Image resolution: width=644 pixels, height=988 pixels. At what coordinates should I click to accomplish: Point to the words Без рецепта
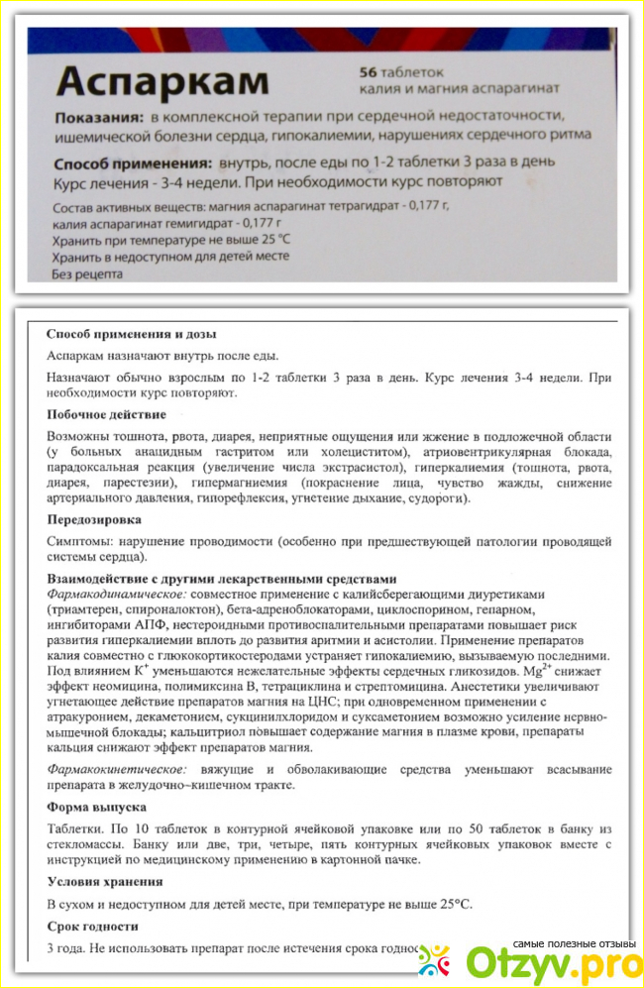coord(86,274)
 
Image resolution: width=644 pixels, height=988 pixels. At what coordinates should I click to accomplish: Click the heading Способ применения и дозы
coord(132,334)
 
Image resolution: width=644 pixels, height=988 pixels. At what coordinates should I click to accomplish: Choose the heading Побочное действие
coord(106,413)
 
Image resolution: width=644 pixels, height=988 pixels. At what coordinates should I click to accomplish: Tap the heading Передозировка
coord(94,518)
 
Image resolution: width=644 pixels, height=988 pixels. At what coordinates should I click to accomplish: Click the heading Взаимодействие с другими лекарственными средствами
coord(222,579)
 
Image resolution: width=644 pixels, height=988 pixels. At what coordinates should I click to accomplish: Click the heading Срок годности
coord(93,927)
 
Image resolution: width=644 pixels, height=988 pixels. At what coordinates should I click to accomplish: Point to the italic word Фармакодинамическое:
coord(111,593)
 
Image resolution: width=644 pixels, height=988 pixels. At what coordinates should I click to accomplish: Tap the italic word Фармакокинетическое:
coord(109,769)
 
